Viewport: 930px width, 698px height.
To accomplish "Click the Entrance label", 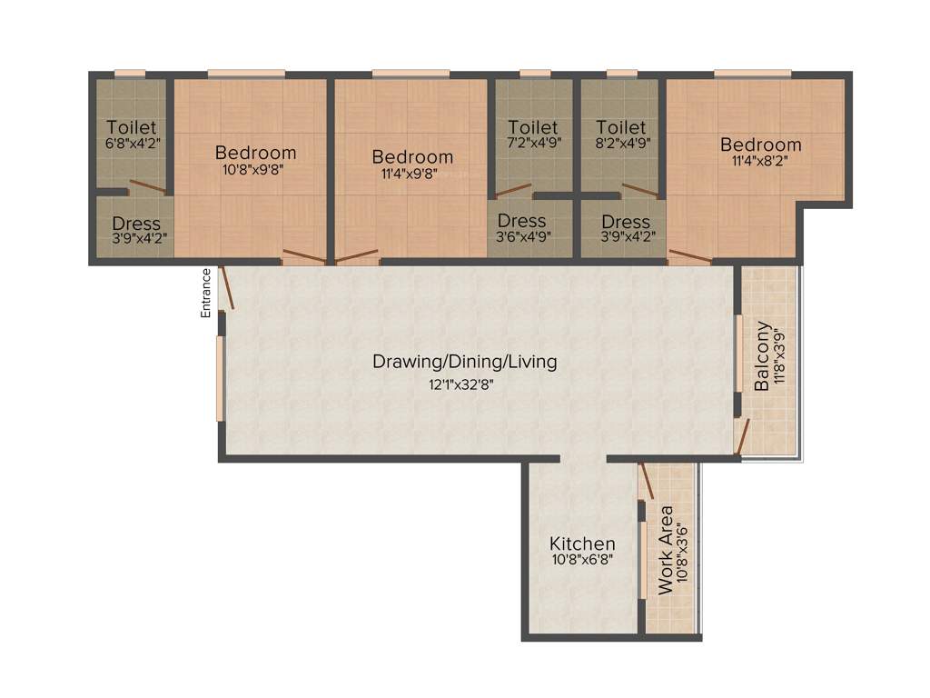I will (206, 293).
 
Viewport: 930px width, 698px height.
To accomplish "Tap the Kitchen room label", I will (582, 543).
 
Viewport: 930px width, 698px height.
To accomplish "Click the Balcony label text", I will (763, 356).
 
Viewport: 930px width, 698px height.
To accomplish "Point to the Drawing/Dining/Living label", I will (465, 362).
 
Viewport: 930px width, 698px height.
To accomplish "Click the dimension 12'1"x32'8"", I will (465, 384).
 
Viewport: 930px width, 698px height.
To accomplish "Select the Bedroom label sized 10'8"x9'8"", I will (255, 153).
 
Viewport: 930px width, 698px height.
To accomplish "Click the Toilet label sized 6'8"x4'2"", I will (132, 128).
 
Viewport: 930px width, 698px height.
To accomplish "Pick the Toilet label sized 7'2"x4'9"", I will (533, 128).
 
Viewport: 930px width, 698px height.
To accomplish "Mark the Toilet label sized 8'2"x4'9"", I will (621, 128).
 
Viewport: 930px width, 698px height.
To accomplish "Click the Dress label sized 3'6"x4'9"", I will (522, 221).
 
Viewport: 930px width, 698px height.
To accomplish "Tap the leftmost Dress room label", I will (136, 224).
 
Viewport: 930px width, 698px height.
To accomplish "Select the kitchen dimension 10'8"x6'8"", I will (582, 561).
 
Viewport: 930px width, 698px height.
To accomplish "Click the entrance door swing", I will (226, 288).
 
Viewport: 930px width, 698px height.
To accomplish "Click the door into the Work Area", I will (646, 480).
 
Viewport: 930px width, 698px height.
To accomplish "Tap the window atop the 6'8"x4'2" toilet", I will (130, 74).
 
